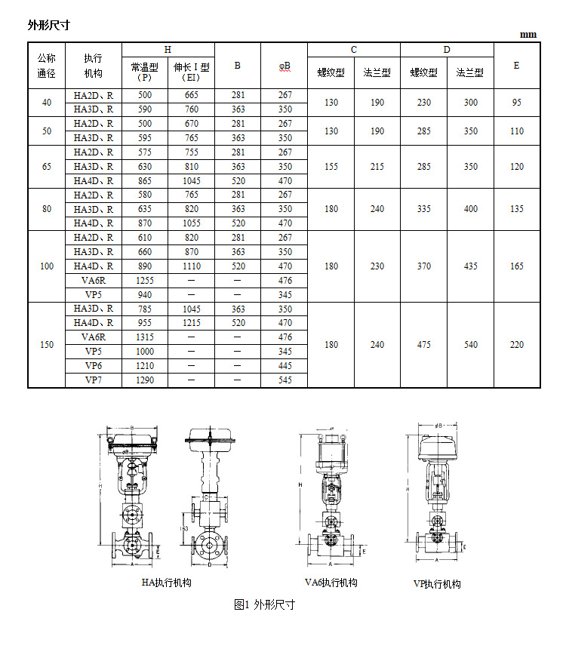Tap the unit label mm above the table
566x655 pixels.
pos(528,35)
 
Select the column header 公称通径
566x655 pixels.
pos(47,66)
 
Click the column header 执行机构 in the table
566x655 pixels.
pos(94,66)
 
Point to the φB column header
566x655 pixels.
pos(285,66)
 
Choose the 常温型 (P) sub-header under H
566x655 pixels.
pos(144,72)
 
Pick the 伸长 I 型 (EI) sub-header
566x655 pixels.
pos(191,72)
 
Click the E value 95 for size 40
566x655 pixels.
pos(516,103)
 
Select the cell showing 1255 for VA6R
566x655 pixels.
pos(144,281)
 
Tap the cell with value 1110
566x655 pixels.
pos(191,266)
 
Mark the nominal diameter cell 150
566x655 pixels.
pos(47,345)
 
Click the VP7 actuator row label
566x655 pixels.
pos(94,380)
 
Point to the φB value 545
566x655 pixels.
pos(285,380)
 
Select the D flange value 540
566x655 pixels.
pos(470,345)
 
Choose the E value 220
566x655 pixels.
pos(516,345)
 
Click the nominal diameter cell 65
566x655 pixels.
pos(47,167)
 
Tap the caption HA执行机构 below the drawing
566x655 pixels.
pos(167,583)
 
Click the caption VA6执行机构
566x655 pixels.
pos(331,583)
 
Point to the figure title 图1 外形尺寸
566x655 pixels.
pos(264,604)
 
